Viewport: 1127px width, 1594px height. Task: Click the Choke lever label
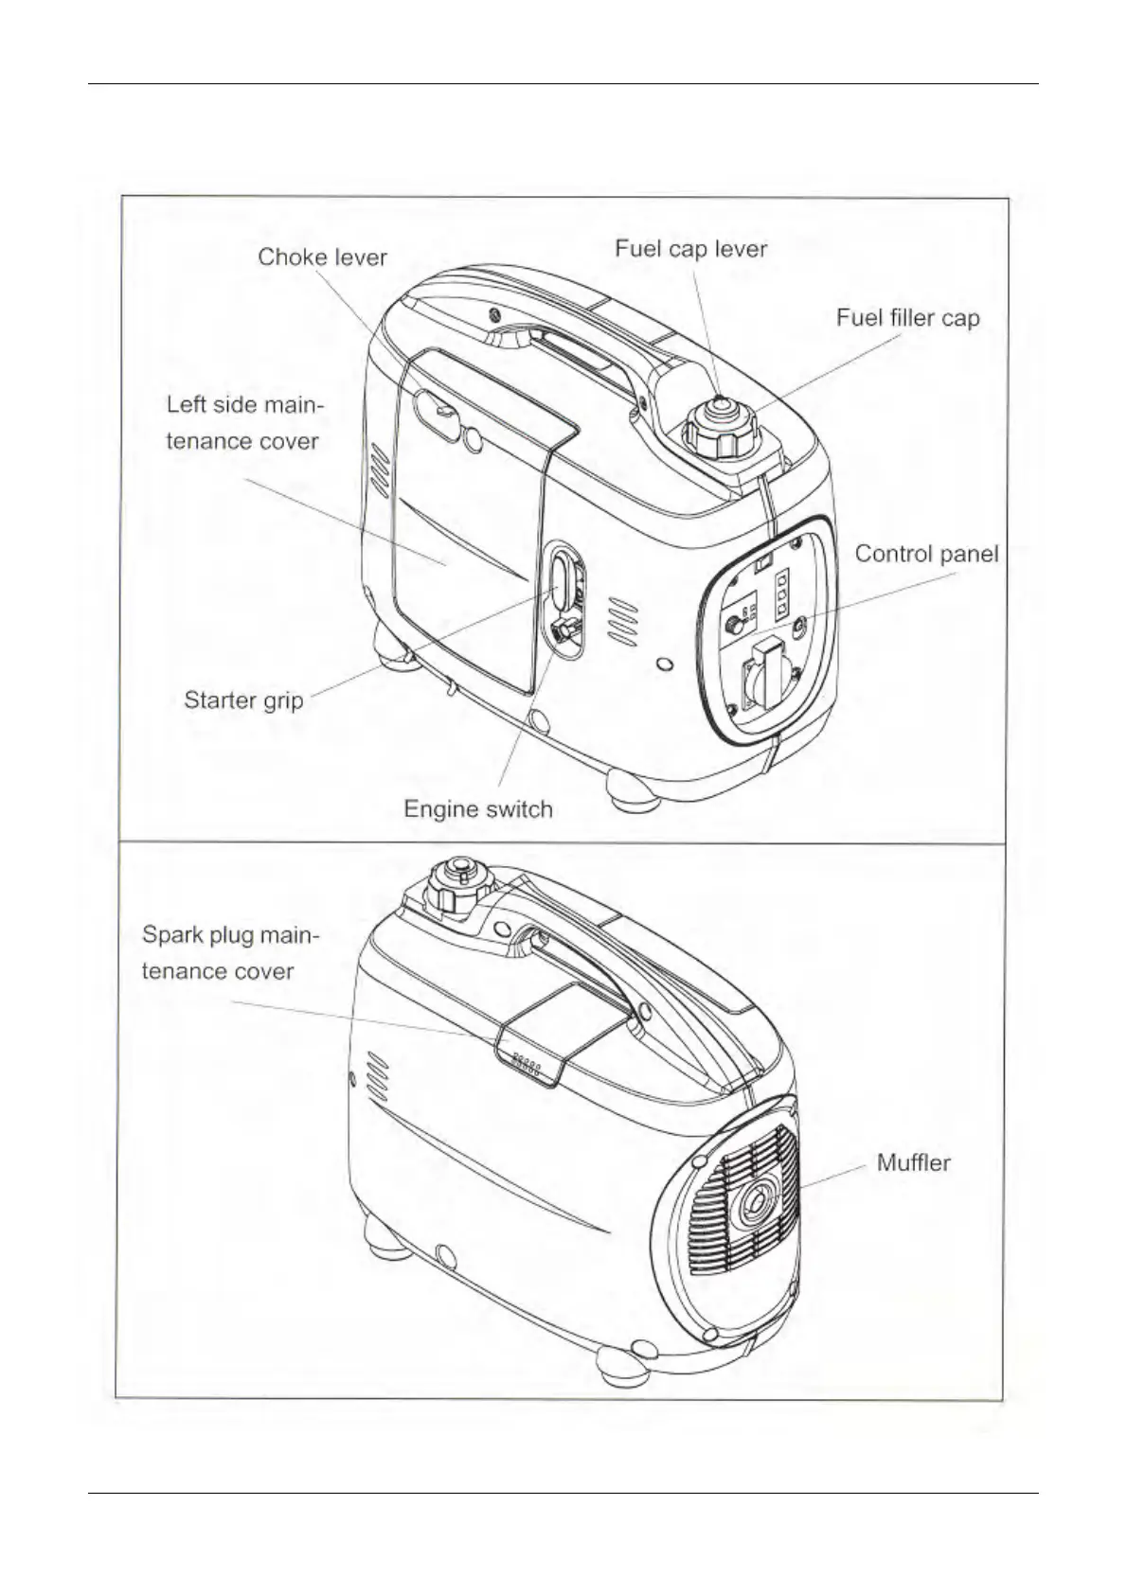[x=322, y=257]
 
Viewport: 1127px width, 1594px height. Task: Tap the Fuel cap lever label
[x=690, y=249]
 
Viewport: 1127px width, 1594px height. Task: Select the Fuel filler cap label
[x=906, y=318]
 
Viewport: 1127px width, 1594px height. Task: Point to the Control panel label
[x=926, y=554]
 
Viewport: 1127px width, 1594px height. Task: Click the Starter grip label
[x=243, y=700]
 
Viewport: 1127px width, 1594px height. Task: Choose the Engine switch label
[x=477, y=809]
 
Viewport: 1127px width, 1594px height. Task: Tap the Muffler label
[x=913, y=1162]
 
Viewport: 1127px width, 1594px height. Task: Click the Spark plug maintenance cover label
[x=230, y=953]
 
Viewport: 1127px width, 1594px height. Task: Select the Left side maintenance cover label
[x=244, y=423]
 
